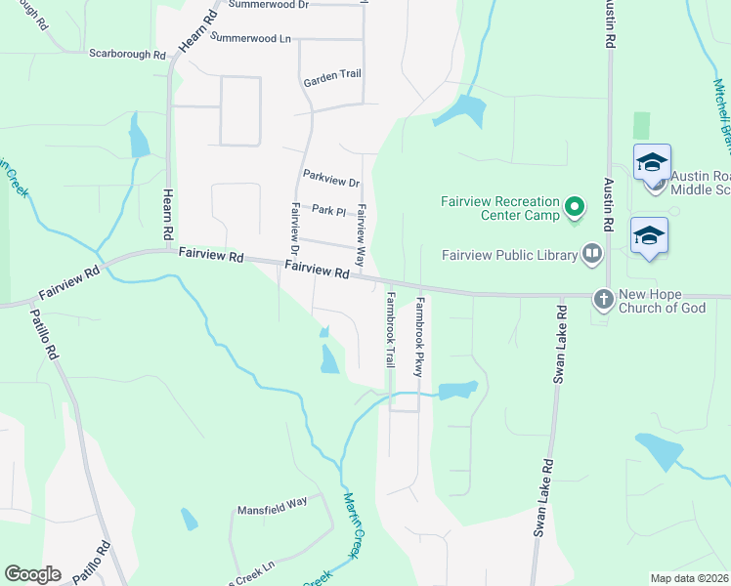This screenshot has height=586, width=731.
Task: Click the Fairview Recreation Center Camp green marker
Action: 575,207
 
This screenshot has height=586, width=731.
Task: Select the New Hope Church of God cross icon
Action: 604,299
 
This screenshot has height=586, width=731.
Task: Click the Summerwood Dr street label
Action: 268,5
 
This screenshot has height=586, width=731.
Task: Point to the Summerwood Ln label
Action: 251,38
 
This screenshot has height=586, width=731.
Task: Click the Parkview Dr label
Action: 331,180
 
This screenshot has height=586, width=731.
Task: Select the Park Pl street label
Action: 328,210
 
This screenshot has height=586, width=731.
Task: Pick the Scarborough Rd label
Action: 127,55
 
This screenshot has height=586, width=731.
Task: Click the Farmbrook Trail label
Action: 390,329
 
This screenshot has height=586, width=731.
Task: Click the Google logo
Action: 32,574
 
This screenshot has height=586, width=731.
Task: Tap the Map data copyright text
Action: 690,578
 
